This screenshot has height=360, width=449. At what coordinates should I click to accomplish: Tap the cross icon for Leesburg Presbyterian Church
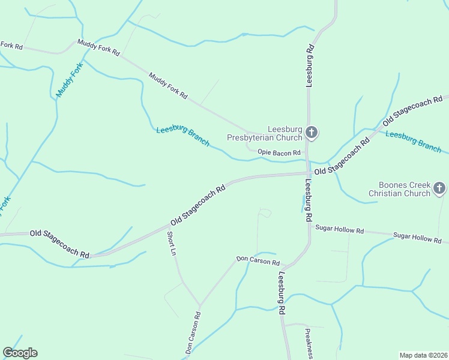pyautogui.click(x=311, y=133)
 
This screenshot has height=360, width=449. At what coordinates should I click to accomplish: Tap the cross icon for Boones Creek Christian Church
pyautogui.click(x=439, y=189)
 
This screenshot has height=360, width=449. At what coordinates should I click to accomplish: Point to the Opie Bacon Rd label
pyautogui.click(x=279, y=153)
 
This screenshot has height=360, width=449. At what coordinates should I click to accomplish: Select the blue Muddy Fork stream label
pyautogui.click(x=68, y=83)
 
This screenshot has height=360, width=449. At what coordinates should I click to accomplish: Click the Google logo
pyautogui.click(x=20, y=353)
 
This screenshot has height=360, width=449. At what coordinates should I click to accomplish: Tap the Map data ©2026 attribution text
pyautogui.click(x=423, y=355)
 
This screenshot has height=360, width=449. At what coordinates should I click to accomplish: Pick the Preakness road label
pyautogui.click(x=308, y=344)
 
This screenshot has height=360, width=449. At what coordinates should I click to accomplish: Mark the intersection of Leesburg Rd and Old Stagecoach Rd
pyautogui.click(x=308, y=173)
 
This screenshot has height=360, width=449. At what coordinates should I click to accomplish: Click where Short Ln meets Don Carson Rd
pyautogui.click(x=199, y=305)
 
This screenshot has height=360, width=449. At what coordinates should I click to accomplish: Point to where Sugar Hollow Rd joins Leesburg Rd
pyautogui.click(x=310, y=225)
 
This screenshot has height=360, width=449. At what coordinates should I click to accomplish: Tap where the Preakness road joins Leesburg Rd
pyautogui.click(x=283, y=324)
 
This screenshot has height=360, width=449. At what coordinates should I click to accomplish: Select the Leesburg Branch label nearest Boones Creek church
pyautogui.click(x=413, y=142)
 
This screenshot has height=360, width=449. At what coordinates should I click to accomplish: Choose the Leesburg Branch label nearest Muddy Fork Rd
pyautogui.click(x=182, y=137)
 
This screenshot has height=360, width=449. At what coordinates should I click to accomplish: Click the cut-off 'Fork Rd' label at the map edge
pyautogui.click(x=11, y=46)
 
